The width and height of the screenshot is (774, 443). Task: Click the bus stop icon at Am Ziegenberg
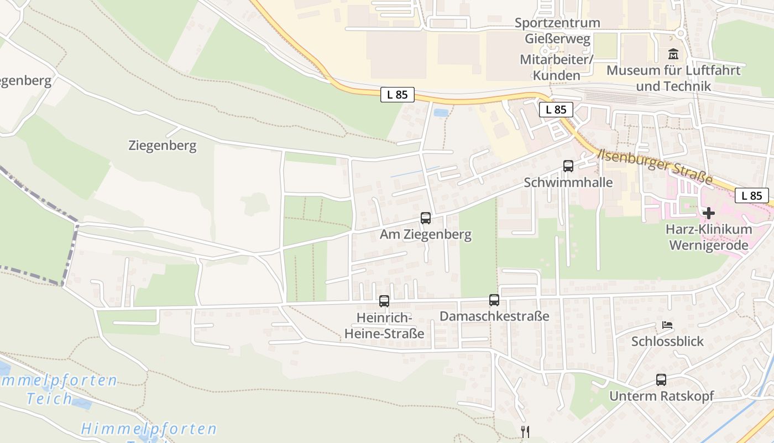click(x=425, y=218)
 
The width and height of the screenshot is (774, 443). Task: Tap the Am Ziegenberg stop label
click(x=425, y=234)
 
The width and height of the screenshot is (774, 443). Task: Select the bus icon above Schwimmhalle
click(x=568, y=166)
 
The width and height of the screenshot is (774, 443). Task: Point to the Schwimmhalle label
click(x=568, y=182)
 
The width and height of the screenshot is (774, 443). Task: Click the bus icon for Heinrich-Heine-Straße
click(x=384, y=302)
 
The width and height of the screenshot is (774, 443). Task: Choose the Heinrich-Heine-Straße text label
click(x=384, y=326)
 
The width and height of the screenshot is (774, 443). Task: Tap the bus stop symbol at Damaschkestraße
click(x=494, y=300)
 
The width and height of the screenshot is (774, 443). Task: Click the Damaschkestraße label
click(x=494, y=316)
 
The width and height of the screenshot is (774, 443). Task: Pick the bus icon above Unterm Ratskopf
click(x=661, y=380)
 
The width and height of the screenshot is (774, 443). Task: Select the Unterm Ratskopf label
click(x=661, y=396)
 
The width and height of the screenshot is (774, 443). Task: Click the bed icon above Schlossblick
click(x=667, y=325)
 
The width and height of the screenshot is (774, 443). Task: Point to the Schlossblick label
click(x=667, y=341)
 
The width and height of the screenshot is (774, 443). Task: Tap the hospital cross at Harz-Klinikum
click(x=708, y=213)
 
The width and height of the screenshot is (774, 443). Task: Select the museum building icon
click(x=673, y=55)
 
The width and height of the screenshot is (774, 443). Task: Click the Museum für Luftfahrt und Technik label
click(x=673, y=79)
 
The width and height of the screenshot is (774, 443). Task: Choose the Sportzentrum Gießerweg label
click(x=557, y=31)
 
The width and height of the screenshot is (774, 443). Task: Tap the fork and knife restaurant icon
click(x=525, y=431)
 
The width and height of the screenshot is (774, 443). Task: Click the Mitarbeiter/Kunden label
click(x=556, y=67)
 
